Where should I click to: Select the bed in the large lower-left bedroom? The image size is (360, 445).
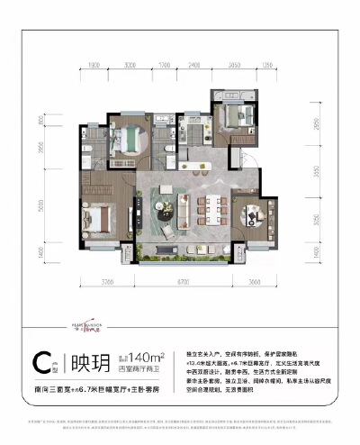coord(101,217)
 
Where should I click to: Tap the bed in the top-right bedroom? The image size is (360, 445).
coord(242,114)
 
